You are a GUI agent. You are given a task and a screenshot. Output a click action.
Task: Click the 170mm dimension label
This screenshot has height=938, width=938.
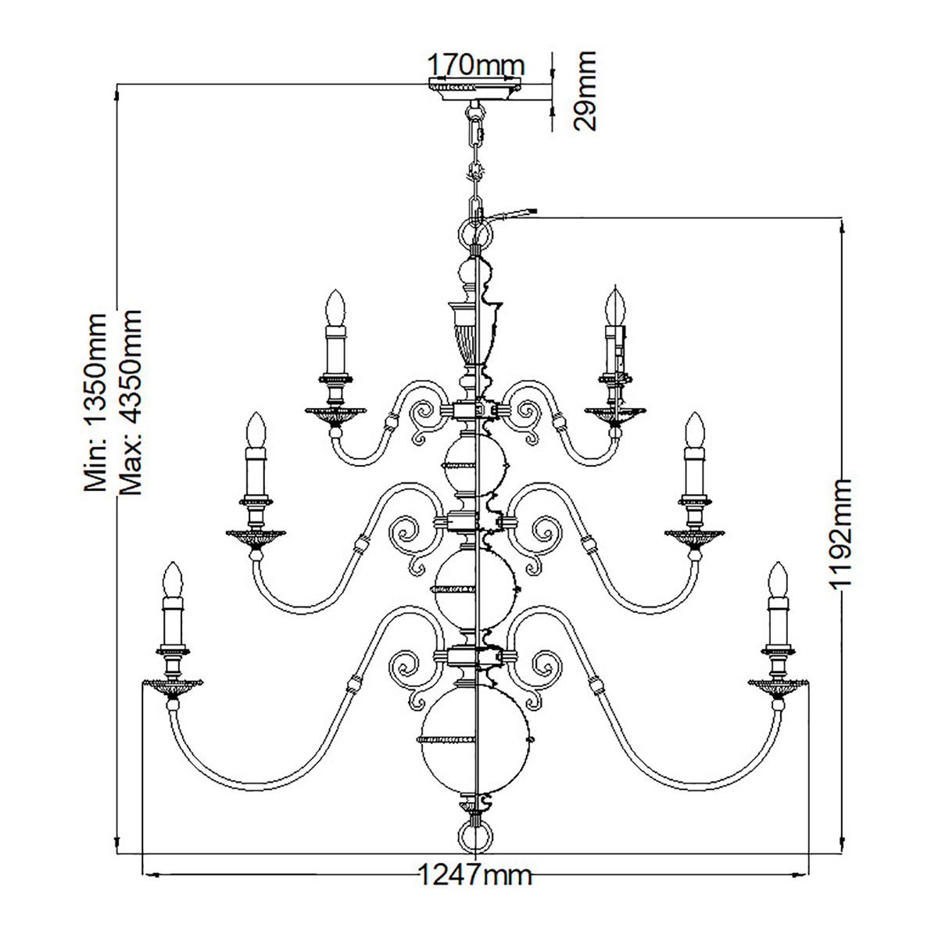click(475, 64)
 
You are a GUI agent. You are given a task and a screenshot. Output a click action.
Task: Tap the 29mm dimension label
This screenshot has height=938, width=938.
click(585, 91)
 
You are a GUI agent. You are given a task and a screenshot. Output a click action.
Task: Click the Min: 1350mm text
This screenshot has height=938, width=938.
click(95, 403)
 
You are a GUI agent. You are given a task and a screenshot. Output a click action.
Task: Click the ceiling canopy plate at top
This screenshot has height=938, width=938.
click(474, 89)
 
